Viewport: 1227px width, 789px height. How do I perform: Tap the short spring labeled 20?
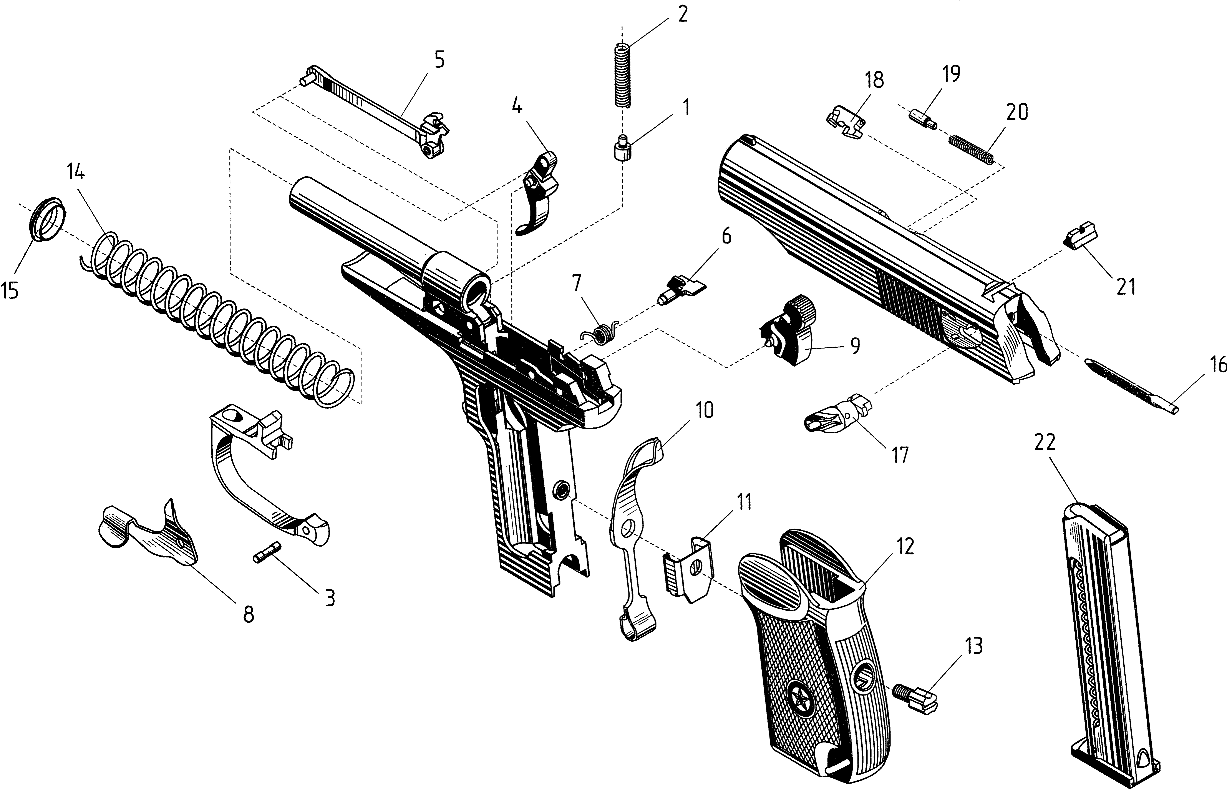point(972,149)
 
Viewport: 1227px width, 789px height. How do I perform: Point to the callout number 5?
point(439,60)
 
